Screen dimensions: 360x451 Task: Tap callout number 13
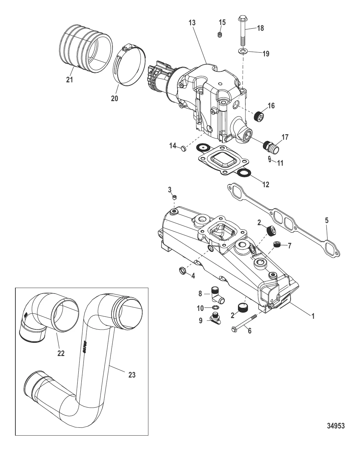[x=192, y=23]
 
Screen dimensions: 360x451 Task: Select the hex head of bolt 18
[x=242, y=19]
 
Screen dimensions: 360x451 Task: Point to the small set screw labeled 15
[x=219, y=35]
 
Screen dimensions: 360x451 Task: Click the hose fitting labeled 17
[x=271, y=147]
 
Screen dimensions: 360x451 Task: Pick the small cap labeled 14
[x=184, y=149]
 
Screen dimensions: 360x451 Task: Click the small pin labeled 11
[x=270, y=159]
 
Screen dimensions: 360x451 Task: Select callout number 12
[x=266, y=184]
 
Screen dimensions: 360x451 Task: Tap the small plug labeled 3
[x=174, y=197]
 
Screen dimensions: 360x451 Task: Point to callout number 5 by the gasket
[x=326, y=220]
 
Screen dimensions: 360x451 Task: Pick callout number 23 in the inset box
[x=132, y=375]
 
